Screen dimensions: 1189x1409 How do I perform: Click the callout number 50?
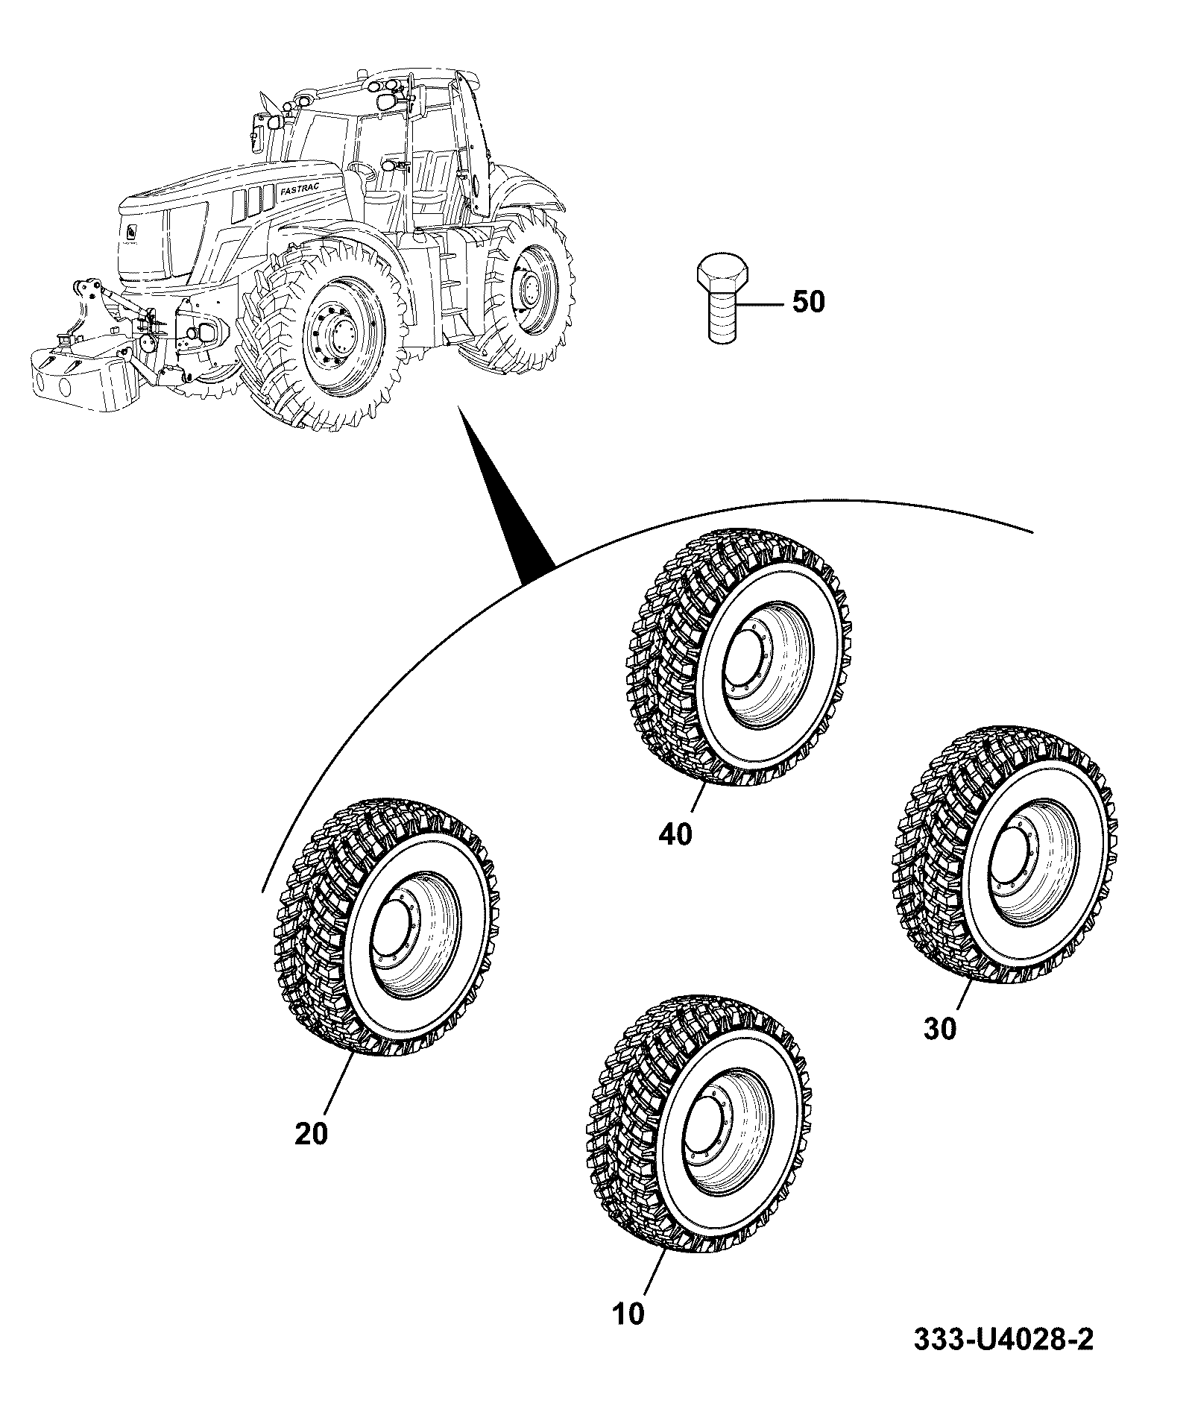(807, 303)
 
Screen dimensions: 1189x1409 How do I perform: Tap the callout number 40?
(675, 834)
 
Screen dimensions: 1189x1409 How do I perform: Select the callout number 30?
(939, 1030)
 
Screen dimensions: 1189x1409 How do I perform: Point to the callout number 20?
(311, 1155)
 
